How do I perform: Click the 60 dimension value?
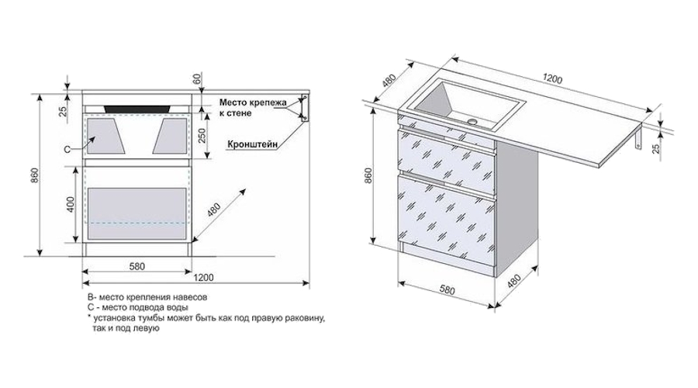pyautogui.click(x=197, y=78)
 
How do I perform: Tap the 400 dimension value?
pyautogui.click(x=71, y=206)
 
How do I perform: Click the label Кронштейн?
pyautogui.click(x=253, y=144)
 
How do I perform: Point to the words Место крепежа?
pyautogui.click(x=253, y=102)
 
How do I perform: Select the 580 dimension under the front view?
pyautogui.click(x=136, y=266)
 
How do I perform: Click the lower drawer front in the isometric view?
pyautogui.click(x=446, y=221)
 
